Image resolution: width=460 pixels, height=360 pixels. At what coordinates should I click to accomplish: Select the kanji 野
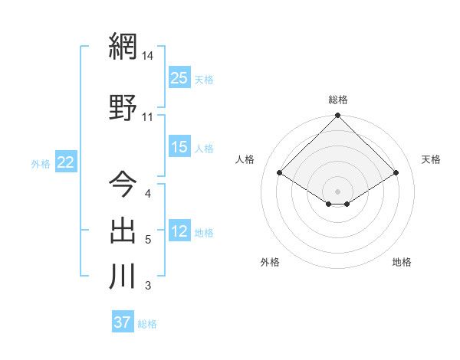click(x=123, y=108)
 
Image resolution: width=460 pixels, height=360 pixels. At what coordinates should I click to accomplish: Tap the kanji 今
click(x=123, y=184)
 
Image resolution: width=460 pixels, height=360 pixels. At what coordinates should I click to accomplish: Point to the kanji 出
click(x=123, y=231)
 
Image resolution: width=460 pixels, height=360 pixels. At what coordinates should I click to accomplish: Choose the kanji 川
click(x=123, y=277)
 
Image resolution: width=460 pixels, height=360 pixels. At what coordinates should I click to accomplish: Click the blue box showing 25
click(x=179, y=78)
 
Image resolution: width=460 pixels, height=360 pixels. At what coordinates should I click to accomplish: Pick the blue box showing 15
click(x=179, y=147)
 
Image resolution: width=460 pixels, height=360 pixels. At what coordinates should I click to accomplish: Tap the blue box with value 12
click(x=179, y=231)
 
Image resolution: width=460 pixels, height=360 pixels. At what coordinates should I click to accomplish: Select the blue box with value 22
click(x=65, y=162)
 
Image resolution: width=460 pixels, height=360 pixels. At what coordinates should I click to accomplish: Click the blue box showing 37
click(x=122, y=322)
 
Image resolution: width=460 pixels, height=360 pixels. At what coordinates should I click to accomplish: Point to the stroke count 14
click(x=148, y=55)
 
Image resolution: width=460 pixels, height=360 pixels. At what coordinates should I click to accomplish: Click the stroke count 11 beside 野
click(x=148, y=117)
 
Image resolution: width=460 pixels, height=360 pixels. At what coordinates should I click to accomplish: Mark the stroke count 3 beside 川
click(x=147, y=286)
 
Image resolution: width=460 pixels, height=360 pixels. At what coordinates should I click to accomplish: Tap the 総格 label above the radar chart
click(x=338, y=100)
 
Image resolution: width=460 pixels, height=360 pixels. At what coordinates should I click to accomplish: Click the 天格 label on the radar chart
click(x=431, y=159)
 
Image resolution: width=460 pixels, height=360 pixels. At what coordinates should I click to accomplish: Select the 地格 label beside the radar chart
click(x=402, y=262)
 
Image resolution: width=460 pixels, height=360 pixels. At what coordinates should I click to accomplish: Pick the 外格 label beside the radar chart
click(x=270, y=262)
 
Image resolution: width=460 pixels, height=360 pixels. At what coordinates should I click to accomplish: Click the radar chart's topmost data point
click(x=338, y=116)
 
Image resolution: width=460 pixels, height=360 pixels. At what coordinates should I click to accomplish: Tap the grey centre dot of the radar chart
click(x=338, y=190)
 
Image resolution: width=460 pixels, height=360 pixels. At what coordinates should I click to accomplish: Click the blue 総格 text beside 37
click(x=147, y=324)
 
